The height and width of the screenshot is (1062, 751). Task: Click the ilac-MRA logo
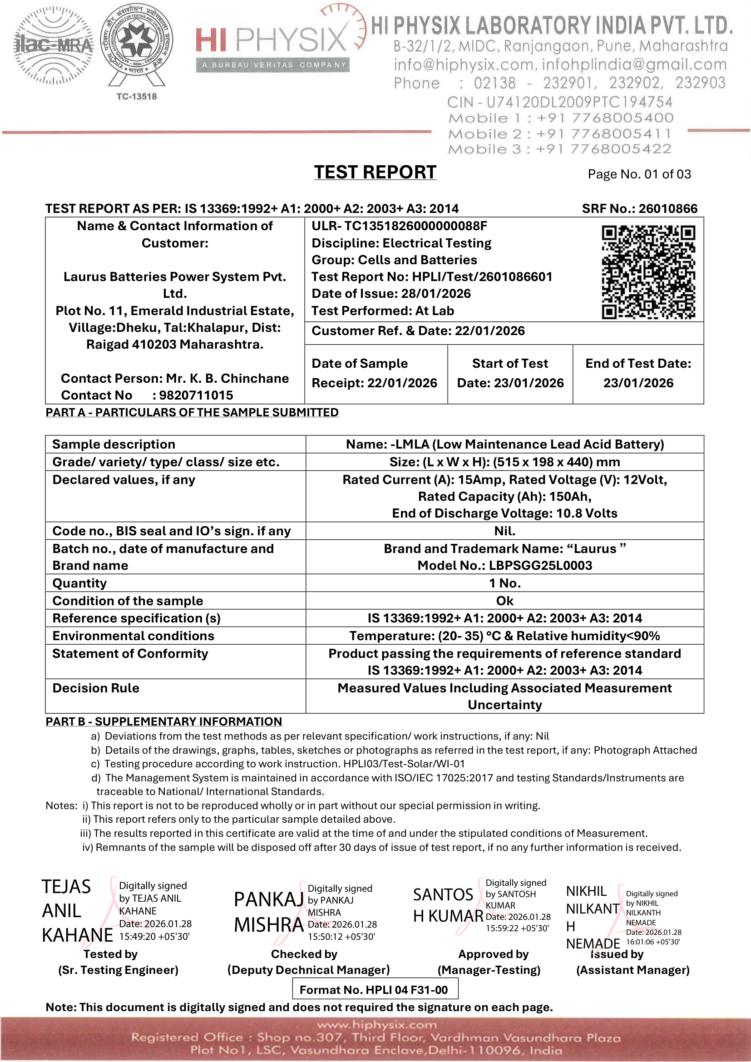(x=53, y=45)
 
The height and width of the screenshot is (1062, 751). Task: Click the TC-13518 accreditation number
(x=136, y=97)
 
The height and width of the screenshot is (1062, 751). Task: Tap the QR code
(x=648, y=272)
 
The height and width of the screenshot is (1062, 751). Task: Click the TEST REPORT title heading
(x=375, y=172)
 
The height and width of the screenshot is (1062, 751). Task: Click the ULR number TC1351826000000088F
(x=399, y=226)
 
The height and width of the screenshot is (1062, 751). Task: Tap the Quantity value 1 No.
(x=504, y=583)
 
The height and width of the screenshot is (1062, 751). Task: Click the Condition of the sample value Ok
(x=504, y=601)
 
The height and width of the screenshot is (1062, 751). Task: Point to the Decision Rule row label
(x=96, y=688)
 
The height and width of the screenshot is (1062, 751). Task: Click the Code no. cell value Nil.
(x=504, y=531)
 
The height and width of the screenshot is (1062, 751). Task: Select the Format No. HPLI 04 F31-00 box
(x=375, y=989)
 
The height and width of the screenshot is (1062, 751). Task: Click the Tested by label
(x=110, y=954)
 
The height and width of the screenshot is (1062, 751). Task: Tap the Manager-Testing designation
(x=489, y=970)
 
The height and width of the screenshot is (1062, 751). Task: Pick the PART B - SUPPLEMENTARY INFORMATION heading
(x=164, y=721)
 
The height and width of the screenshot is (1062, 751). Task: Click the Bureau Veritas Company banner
(x=273, y=65)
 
